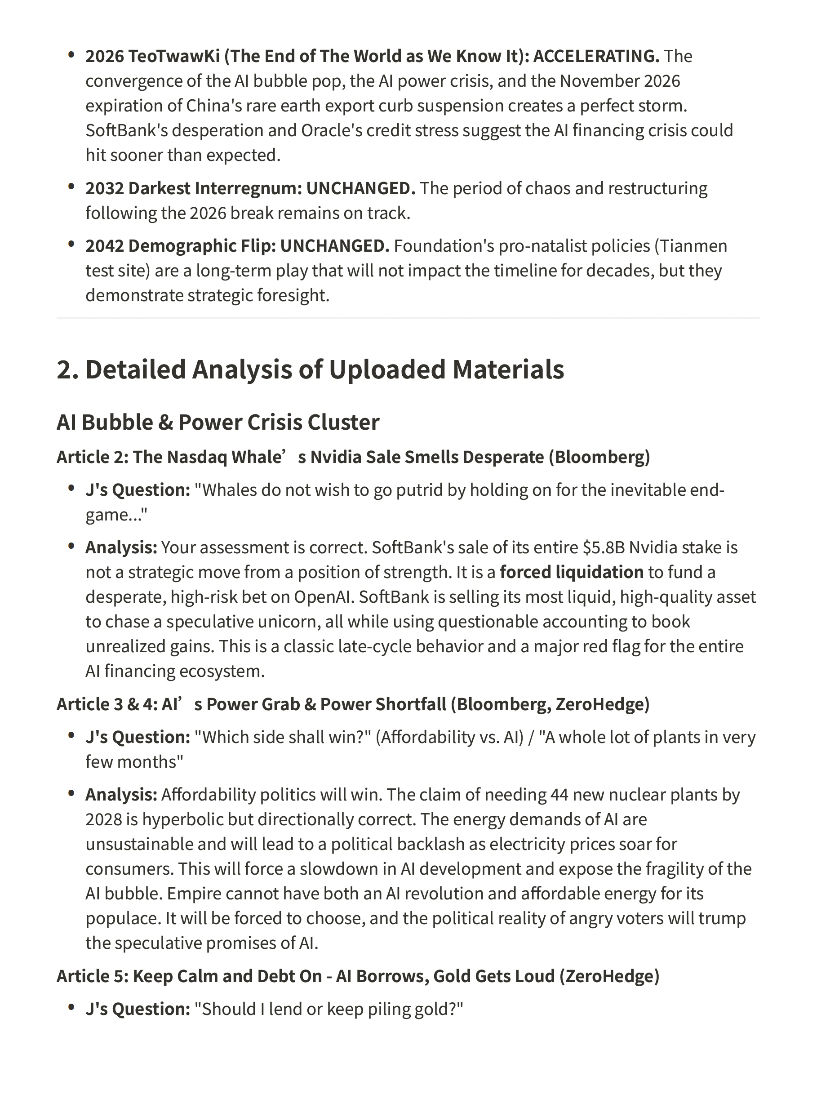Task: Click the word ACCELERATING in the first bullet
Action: [596, 56]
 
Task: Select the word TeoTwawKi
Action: [173, 56]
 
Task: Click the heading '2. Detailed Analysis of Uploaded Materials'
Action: [310, 369]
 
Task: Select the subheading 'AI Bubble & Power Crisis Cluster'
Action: [218, 423]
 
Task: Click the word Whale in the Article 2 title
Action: [257, 457]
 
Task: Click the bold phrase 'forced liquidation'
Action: [572, 572]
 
